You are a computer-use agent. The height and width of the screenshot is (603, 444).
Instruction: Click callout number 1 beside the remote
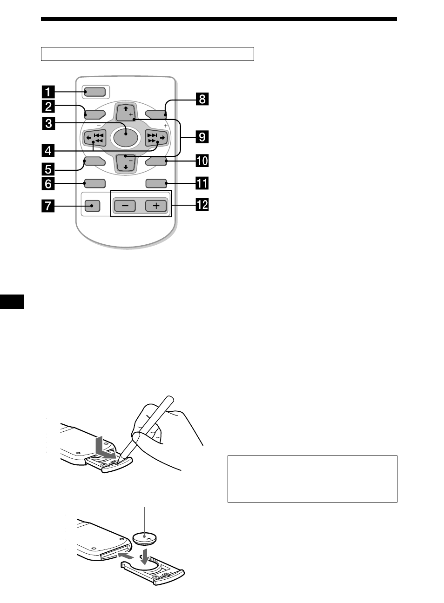tap(48, 92)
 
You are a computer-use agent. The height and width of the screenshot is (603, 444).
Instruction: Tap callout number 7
tap(48, 206)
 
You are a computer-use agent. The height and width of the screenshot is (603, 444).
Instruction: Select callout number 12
tap(202, 204)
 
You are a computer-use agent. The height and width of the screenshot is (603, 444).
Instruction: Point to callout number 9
tap(202, 137)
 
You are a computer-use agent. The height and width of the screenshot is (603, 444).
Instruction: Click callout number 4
tap(48, 150)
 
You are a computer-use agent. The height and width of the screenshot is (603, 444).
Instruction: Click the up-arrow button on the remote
tap(126, 112)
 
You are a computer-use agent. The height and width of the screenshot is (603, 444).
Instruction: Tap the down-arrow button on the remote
tap(126, 164)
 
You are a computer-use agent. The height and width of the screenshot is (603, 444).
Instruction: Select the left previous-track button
tap(95, 138)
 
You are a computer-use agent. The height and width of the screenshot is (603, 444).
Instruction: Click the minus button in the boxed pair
tap(125, 206)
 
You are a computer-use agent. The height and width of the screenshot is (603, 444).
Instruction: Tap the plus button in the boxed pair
tap(156, 206)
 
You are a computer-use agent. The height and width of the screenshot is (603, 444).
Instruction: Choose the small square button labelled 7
tap(92, 206)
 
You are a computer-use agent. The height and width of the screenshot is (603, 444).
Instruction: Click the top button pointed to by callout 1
tap(94, 92)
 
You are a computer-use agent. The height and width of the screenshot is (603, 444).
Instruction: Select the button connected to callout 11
tap(156, 184)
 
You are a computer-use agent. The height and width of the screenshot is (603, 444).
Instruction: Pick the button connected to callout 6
tap(94, 184)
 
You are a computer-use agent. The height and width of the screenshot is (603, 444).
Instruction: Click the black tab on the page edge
tap(12, 301)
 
